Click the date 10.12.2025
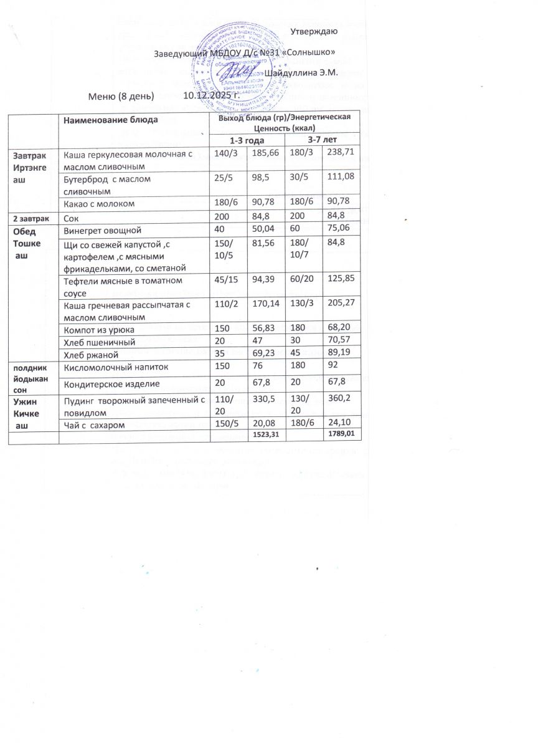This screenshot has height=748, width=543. (x=212, y=96)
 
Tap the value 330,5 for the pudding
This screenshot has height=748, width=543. (x=262, y=400)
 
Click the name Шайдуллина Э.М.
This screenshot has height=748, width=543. (x=300, y=73)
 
